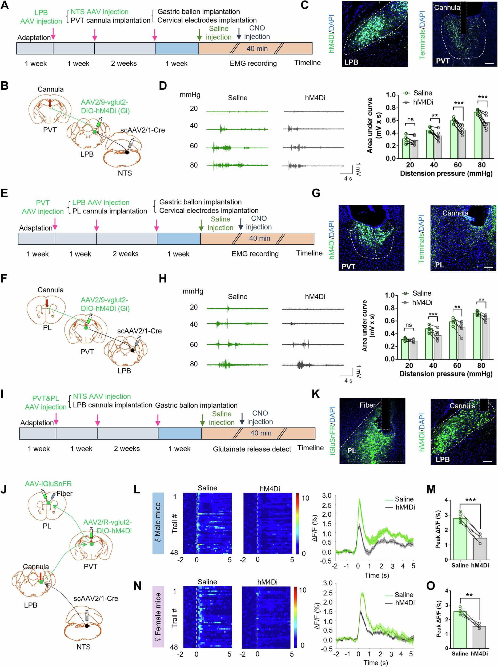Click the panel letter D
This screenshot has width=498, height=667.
tap(163, 86)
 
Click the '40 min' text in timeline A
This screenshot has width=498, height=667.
tap(257, 49)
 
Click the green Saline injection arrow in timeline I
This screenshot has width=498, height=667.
tap(202, 419)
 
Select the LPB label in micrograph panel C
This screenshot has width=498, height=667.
tap(351, 62)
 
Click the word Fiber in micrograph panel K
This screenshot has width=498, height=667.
tap(368, 405)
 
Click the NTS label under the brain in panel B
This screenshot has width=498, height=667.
tap(125, 173)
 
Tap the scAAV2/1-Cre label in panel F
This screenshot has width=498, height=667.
tap(139, 331)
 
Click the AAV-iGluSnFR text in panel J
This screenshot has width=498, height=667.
tap(48, 484)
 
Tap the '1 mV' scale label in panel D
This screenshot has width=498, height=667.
tap(358, 169)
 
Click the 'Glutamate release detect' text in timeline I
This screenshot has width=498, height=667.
tap(252, 449)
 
